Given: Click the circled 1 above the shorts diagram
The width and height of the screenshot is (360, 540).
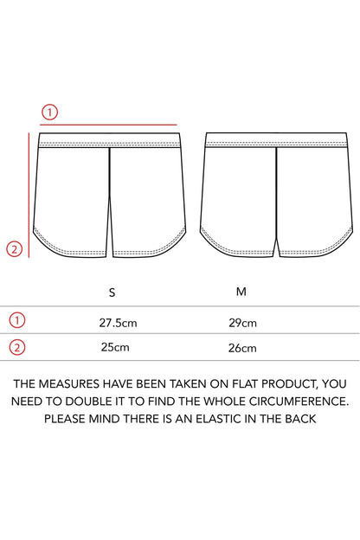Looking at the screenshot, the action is pos(49,112).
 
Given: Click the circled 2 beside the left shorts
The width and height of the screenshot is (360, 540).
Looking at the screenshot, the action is pos(15,249).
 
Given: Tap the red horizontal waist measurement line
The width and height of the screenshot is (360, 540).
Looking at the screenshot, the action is pos(108,125).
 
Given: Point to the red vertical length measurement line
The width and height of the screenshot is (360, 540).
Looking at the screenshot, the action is pos(29,195).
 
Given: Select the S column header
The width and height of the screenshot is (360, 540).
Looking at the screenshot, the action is pos(112,292).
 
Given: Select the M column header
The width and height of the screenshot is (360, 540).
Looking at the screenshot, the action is pos(241,292).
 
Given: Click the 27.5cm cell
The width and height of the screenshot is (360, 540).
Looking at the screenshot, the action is pos(119,323).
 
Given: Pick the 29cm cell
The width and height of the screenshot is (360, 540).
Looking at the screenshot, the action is pos(242,323).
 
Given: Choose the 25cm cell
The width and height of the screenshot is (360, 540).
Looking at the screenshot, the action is pos(115,347).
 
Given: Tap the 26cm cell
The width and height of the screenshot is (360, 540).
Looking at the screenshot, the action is pos(242,348).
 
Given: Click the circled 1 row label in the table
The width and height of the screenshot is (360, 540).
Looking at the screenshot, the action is pos(17,320).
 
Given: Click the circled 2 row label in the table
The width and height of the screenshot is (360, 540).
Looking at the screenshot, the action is pos(17,347).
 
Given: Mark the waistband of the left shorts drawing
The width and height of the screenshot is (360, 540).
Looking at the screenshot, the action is pos(110,140).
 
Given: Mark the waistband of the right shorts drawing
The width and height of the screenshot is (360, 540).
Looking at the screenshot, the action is pos(276,140).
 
